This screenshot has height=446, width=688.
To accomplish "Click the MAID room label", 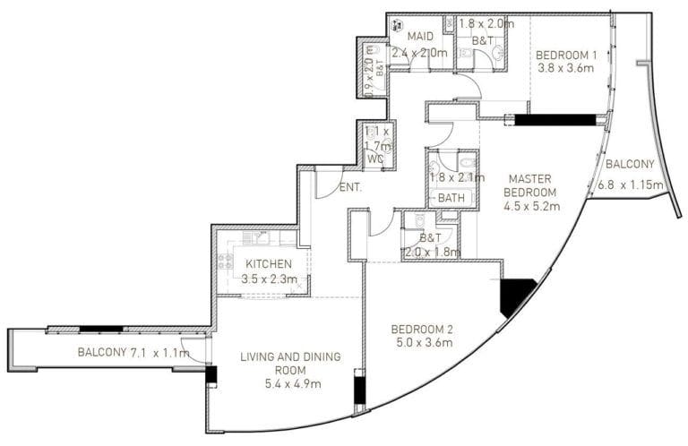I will (419, 37).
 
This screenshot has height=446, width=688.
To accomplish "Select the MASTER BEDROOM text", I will (529, 184).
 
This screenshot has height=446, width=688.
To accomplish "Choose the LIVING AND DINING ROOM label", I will (290, 364).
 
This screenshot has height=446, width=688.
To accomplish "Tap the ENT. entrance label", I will (351, 188).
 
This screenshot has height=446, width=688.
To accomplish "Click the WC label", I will (375, 160).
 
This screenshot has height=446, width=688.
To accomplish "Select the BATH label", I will (451, 197).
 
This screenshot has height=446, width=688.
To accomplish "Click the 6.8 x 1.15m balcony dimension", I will (631, 186).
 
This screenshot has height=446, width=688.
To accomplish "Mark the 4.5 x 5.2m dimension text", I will (531, 207).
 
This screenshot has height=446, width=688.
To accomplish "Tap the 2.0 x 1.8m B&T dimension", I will (432, 253).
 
